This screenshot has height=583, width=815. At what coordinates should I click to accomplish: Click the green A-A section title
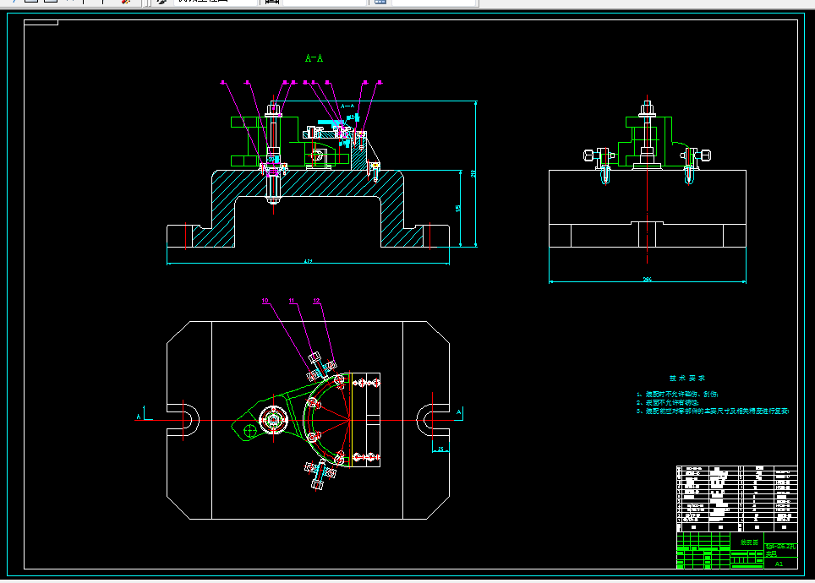coord(315,58)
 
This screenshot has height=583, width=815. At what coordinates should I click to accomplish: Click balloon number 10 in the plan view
coord(265,300)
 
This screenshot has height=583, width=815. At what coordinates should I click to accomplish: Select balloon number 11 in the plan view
coord(292,300)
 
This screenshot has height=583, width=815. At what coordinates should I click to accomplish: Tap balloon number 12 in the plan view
coord(317,300)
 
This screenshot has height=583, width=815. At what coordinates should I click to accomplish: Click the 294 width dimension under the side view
coord(648,278)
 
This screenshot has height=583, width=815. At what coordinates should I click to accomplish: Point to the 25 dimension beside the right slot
coord(440,448)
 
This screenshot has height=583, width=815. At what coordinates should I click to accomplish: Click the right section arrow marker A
coord(459,411)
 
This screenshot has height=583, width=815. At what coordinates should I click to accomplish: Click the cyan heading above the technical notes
coord(687,379)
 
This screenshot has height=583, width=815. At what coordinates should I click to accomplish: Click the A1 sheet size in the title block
coord(779,562)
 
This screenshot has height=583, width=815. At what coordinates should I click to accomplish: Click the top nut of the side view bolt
coord(648,107)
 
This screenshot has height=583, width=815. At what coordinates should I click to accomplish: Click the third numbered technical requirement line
coord(712,411)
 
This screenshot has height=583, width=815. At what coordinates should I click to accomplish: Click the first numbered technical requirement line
coord(676,394)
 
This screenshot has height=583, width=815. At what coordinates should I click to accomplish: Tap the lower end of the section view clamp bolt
coord(273,201)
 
